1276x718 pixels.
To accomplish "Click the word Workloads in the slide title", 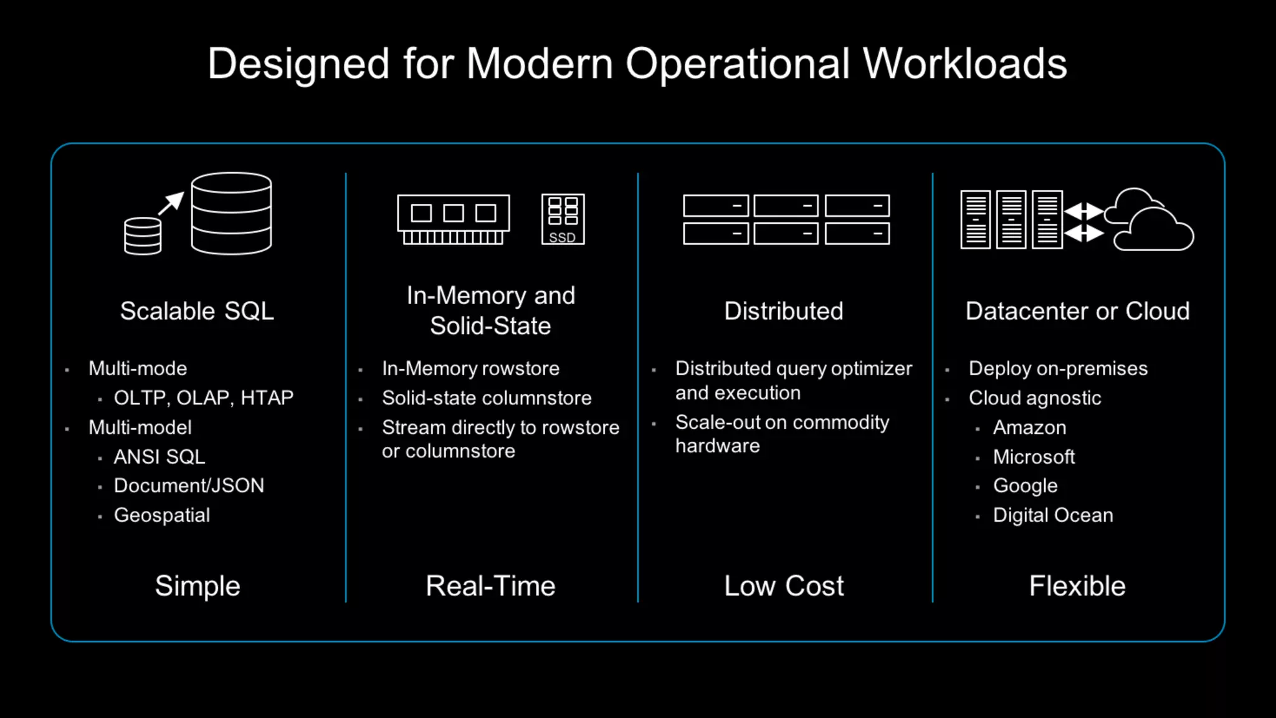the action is (x=964, y=64).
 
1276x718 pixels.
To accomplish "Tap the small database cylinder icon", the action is (x=143, y=236).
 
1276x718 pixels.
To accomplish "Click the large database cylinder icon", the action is (x=231, y=214).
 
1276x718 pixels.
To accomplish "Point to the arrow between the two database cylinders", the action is (x=171, y=203).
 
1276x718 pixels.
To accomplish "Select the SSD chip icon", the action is (x=563, y=219).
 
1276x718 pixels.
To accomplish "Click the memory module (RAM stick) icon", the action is (x=453, y=219).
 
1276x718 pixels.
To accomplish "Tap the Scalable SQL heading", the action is (x=197, y=311).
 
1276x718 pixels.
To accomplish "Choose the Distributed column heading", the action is (x=783, y=311).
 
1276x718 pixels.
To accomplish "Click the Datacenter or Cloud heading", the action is (x=1077, y=311).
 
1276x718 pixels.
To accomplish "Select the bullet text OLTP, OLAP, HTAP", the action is (x=203, y=398).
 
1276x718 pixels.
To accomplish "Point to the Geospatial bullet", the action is (x=162, y=515).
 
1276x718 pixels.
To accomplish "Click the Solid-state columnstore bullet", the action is (x=487, y=398).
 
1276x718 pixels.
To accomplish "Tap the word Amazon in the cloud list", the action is (x=1029, y=428).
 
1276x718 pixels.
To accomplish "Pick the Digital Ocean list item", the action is (x=1053, y=515).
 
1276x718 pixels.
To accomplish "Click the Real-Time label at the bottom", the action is (x=490, y=586).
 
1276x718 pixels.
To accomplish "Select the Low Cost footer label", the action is (x=784, y=586).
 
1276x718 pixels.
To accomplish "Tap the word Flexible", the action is (x=1077, y=586).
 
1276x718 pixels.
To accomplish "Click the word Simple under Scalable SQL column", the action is (x=198, y=586).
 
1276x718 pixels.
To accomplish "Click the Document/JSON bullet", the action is (x=189, y=486).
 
